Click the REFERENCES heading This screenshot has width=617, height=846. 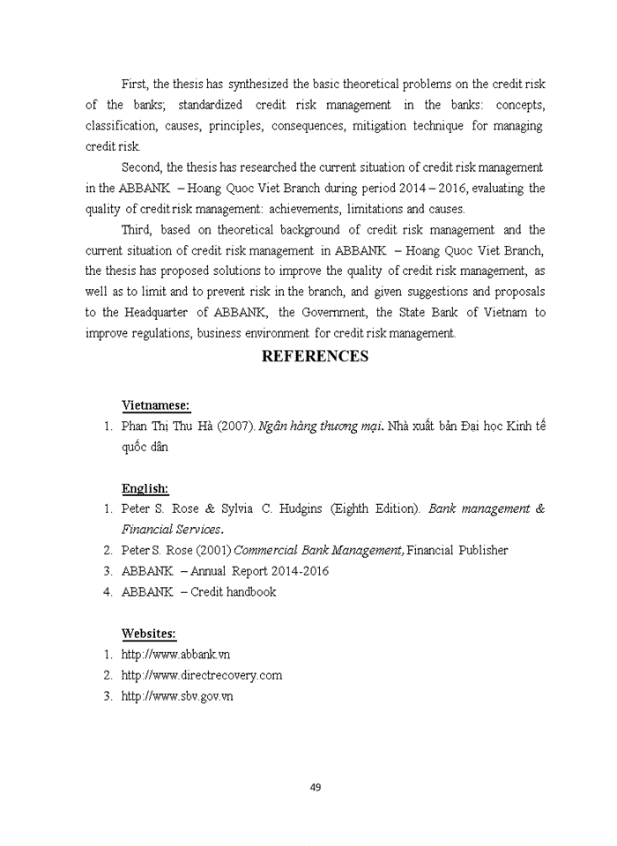pyautogui.click(x=315, y=357)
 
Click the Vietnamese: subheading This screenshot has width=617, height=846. pyautogui.click(x=155, y=405)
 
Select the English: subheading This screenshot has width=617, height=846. pyautogui.click(x=145, y=488)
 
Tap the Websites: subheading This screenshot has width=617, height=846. pyautogui.click(x=148, y=634)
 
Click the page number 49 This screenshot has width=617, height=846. pyautogui.click(x=315, y=787)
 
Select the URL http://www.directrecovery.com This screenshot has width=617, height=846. pyautogui.click(x=201, y=676)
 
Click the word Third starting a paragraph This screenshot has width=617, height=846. pyautogui.click(x=137, y=230)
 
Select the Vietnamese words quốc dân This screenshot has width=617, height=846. pyautogui.click(x=144, y=447)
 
